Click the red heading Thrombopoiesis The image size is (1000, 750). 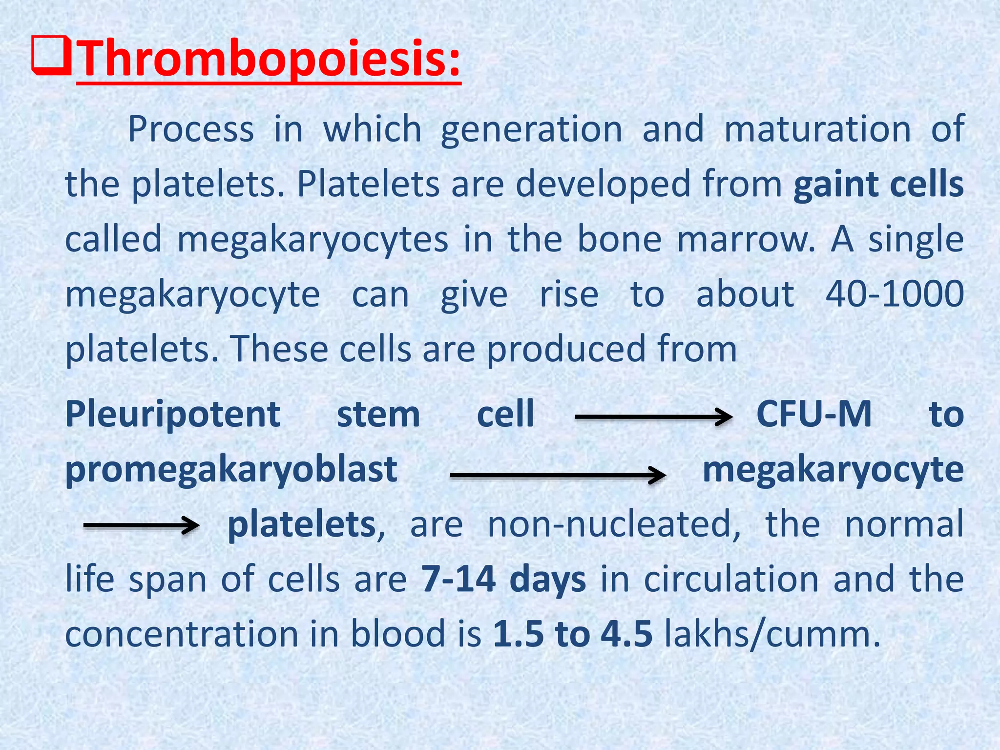pyautogui.click(x=269, y=60)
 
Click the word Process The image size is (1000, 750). pyautogui.click(x=191, y=129)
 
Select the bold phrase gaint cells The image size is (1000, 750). pyautogui.click(x=878, y=185)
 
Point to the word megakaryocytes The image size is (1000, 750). pyautogui.click(x=312, y=240)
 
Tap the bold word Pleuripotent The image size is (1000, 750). pyautogui.click(x=173, y=414)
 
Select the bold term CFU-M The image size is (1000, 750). pyautogui.click(x=814, y=414)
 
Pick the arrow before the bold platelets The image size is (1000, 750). pyautogui.click(x=141, y=525)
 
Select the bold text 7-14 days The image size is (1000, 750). pyautogui.click(x=503, y=580)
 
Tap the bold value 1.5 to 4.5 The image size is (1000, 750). pyautogui.click(x=572, y=634)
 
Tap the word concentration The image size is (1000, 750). pyautogui.click(x=182, y=634)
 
